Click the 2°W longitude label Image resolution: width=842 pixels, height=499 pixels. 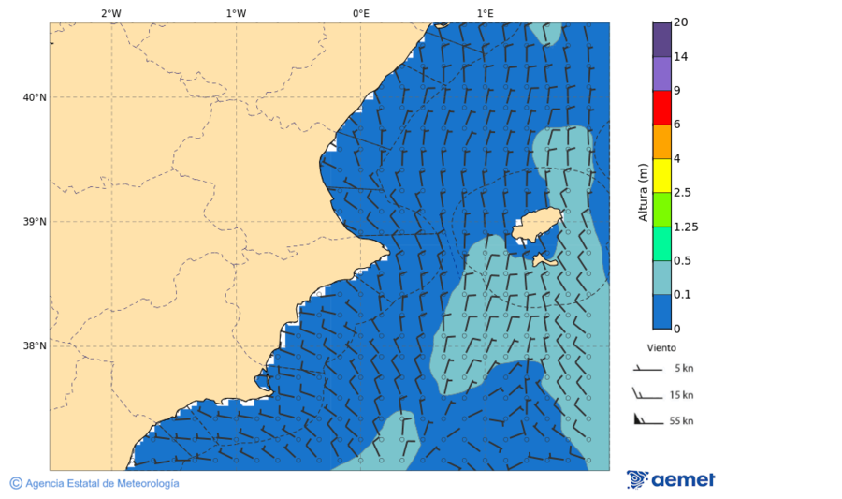110,13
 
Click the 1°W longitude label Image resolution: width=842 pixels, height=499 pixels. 236,13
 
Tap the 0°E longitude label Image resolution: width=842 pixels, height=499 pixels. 360,13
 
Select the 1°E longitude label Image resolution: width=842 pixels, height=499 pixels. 486,13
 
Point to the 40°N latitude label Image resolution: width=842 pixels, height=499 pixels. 35,97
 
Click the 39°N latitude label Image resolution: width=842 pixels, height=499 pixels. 35,222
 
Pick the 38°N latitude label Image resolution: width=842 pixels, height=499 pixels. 35,346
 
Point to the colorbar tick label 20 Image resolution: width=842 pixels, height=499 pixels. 680,22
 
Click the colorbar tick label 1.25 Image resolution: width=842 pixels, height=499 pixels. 686,227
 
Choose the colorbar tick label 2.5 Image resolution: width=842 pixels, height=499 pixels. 682,193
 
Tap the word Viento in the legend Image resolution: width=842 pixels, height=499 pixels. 661,347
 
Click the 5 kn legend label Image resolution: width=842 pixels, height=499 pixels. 683,369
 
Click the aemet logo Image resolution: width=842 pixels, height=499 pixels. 671,479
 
